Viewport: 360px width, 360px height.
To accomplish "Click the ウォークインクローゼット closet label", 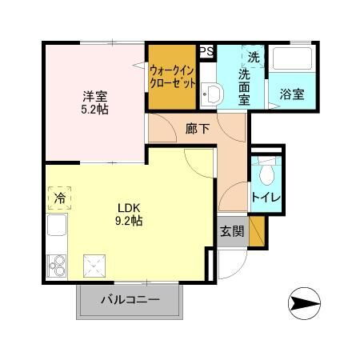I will click(171, 76).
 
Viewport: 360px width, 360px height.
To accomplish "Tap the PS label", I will click(206, 51).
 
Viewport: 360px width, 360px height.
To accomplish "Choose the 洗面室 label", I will click(246, 84).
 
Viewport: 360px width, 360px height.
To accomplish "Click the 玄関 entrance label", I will click(232, 233).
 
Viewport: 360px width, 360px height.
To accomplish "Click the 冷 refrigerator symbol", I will click(59, 197).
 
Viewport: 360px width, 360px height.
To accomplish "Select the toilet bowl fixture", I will click(266, 170).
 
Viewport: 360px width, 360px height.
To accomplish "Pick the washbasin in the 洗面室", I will click(212, 95).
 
